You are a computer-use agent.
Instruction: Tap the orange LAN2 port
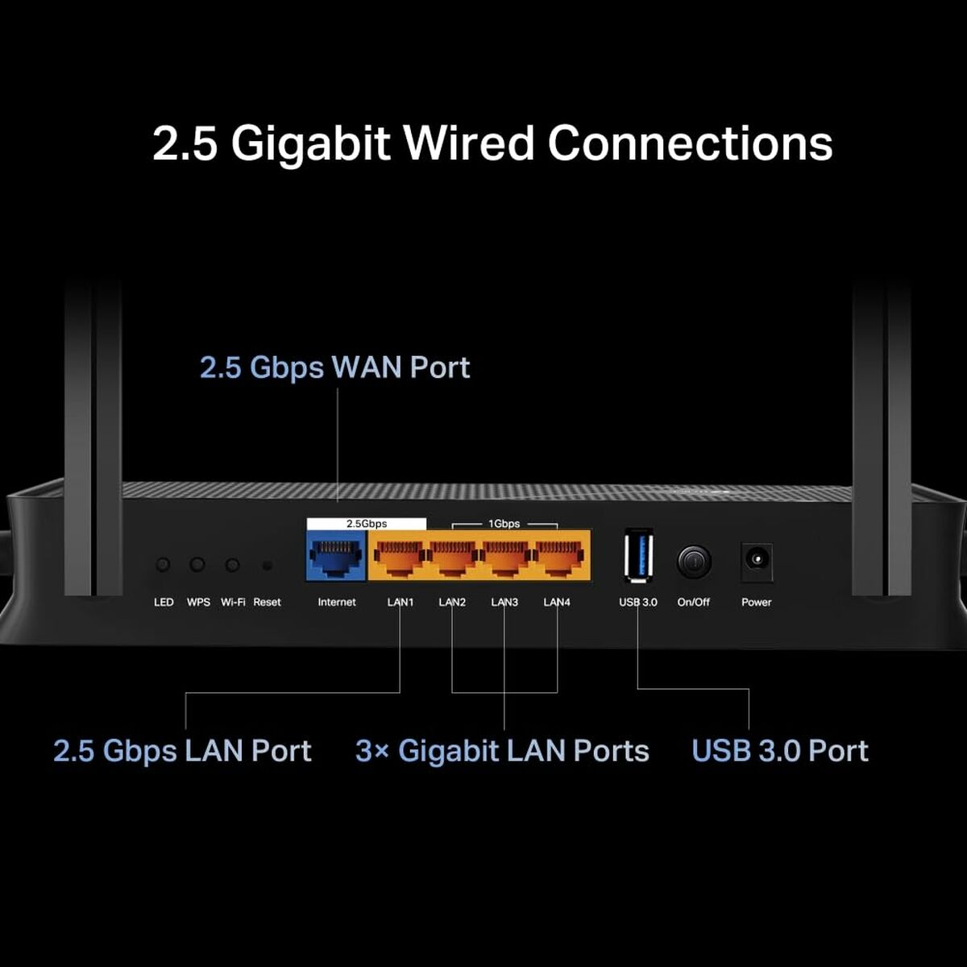(x=452, y=555)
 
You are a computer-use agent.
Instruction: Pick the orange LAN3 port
(x=504, y=555)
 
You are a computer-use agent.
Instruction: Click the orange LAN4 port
(x=557, y=555)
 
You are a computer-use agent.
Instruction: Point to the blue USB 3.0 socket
(x=638, y=555)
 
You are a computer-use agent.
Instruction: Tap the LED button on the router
(x=164, y=565)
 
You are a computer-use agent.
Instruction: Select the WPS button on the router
(x=197, y=565)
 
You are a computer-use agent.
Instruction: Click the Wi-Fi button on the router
(x=232, y=565)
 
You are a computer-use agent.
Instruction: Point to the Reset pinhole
(x=268, y=566)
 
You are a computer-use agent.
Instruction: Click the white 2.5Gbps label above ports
(x=367, y=524)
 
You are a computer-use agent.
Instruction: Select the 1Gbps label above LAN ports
(x=504, y=524)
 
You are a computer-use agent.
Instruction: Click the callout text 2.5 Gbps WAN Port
(x=334, y=367)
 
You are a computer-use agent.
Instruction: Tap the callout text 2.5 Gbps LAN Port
(x=182, y=751)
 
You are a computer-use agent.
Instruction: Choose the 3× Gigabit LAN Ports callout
(x=502, y=751)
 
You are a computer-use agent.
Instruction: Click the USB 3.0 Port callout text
(x=780, y=751)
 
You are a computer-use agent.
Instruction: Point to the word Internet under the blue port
(x=337, y=602)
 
